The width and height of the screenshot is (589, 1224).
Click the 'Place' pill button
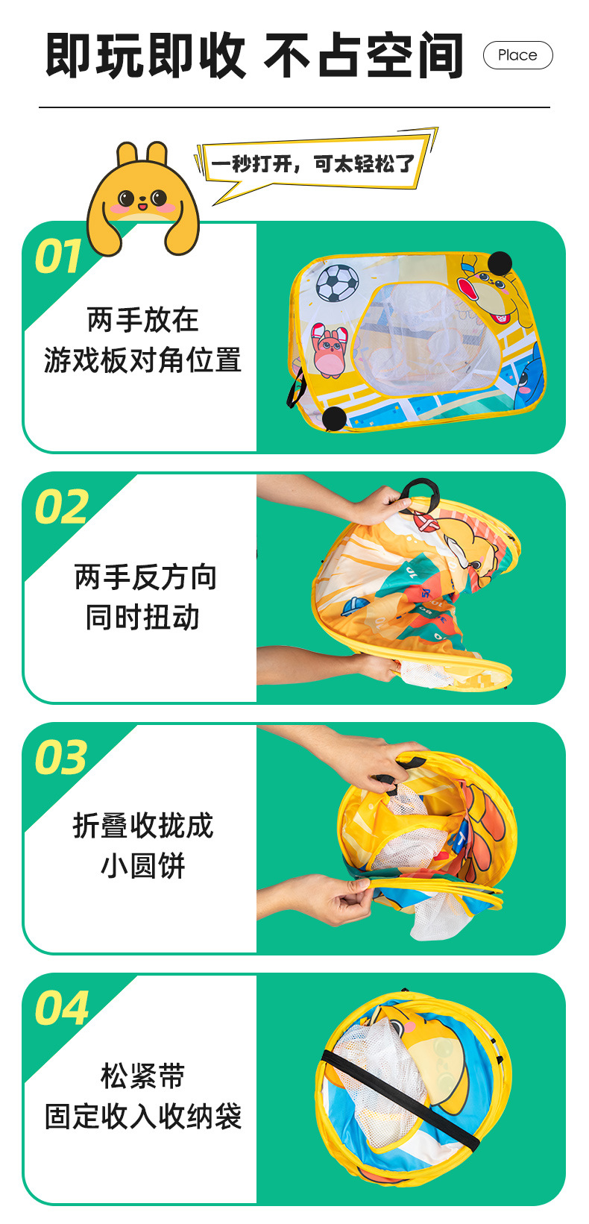tap(517, 55)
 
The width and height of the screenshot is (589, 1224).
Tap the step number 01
tap(58, 257)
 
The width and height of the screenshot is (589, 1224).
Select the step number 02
tap(61, 507)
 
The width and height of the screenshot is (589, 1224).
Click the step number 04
tap(61, 1008)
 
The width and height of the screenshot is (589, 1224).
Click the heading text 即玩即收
tap(145, 56)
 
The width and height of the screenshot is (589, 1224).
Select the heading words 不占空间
tap(363, 56)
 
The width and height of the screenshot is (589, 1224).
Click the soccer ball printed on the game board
tap(338, 283)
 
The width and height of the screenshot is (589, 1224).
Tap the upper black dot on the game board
tap(500, 263)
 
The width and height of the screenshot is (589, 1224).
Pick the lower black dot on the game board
tap(334, 418)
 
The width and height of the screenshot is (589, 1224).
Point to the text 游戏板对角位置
tap(142, 360)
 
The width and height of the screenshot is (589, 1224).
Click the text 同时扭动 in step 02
tap(142, 618)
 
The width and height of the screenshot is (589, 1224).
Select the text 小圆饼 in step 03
tap(142, 866)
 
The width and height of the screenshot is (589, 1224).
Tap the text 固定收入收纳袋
tap(142, 1117)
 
